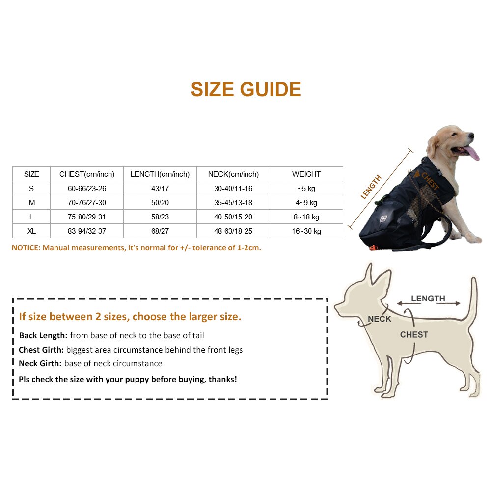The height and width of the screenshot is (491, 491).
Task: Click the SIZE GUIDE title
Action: (x=245, y=90)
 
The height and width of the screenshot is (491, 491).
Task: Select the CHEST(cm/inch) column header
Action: (x=87, y=174)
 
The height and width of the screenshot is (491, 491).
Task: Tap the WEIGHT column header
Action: (x=306, y=174)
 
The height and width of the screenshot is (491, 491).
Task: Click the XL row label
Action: (x=31, y=231)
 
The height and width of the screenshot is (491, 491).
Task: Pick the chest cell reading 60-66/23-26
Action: (x=87, y=189)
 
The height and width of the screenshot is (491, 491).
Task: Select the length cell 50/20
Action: (x=160, y=203)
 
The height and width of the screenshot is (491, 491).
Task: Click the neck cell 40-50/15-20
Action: (x=233, y=217)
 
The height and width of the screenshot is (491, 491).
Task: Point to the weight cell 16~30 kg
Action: (x=306, y=231)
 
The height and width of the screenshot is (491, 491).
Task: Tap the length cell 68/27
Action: (x=160, y=231)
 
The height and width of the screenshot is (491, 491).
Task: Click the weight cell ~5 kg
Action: (x=306, y=189)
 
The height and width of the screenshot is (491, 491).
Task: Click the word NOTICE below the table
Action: (x=26, y=248)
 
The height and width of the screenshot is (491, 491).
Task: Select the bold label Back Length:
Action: (x=43, y=336)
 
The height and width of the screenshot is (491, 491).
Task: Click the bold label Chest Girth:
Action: (x=41, y=350)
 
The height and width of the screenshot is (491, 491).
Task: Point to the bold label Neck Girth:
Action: (x=40, y=364)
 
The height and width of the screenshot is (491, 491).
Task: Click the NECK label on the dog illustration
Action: (x=380, y=319)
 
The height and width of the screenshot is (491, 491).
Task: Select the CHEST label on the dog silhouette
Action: (x=414, y=335)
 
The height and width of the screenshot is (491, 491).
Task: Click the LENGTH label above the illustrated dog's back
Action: (x=428, y=299)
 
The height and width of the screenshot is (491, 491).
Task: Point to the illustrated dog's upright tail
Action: (x=473, y=300)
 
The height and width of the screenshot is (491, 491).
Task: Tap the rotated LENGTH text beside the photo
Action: (x=371, y=187)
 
